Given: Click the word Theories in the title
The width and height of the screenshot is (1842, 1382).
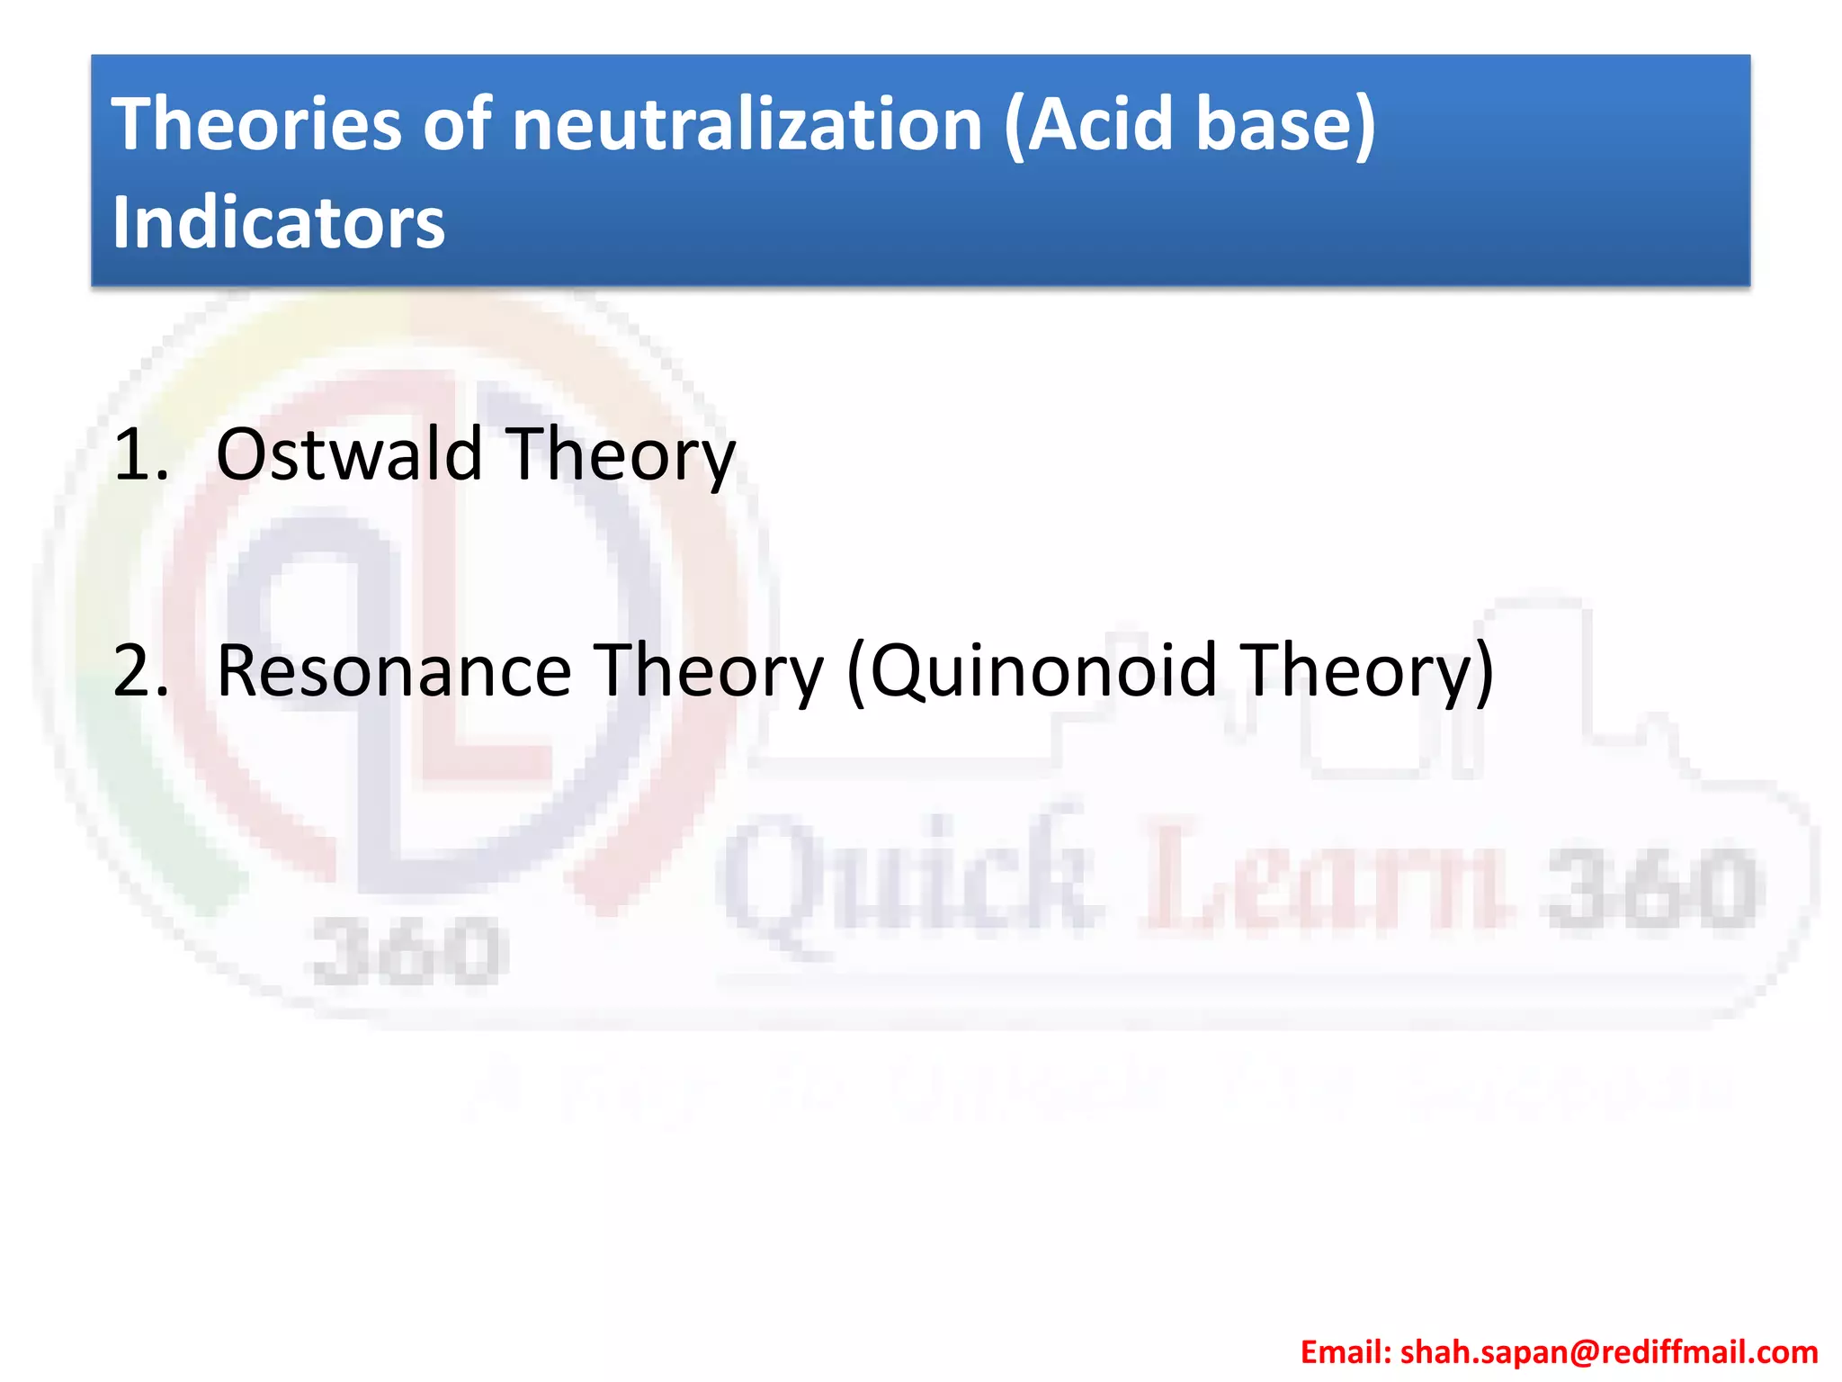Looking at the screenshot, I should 256,124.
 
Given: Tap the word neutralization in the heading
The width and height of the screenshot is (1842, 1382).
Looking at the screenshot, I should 747,124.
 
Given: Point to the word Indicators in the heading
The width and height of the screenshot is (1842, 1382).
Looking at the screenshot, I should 278,222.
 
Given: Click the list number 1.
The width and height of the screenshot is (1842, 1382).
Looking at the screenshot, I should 141,454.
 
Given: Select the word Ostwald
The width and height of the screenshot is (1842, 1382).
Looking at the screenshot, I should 350,454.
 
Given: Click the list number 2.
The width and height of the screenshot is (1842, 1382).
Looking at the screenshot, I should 141,671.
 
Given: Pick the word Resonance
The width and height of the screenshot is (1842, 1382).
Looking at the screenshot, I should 394,671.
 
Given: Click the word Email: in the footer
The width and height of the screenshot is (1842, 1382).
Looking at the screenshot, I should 1346,1352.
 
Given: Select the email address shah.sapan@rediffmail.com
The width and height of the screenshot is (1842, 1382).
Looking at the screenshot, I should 1609,1352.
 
